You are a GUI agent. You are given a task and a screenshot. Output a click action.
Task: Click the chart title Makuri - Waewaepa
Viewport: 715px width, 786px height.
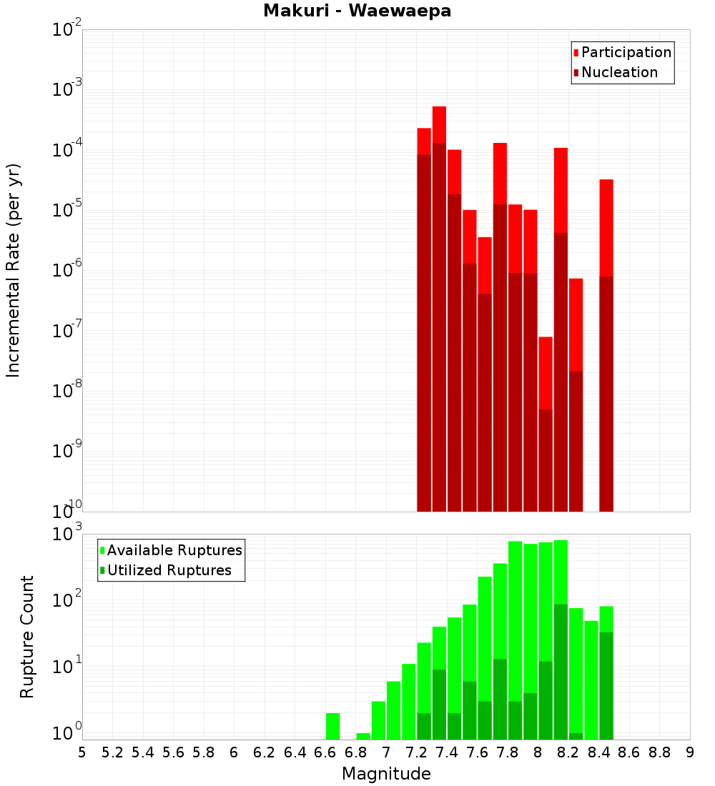point(357,11)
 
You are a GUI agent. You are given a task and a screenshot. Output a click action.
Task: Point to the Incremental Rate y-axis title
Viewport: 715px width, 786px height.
point(14,270)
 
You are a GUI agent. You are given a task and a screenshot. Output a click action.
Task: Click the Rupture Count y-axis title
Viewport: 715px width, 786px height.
point(27,637)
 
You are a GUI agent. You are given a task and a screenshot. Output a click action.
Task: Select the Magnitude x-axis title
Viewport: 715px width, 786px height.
point(386,774)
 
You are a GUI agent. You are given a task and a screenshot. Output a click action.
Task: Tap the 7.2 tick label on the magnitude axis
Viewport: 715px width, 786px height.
point(416,752)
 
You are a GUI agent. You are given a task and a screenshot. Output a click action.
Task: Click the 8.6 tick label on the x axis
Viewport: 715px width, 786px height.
point(629,752)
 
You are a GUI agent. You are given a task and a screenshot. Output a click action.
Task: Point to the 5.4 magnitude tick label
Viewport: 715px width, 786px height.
point(143,752)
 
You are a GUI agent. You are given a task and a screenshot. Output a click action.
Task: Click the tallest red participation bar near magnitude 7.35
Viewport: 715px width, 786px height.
point(439,124)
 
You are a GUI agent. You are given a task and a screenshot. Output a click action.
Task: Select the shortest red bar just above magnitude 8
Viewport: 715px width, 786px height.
point(546,372)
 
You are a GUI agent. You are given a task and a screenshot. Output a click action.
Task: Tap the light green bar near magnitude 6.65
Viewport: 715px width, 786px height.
point(332,726)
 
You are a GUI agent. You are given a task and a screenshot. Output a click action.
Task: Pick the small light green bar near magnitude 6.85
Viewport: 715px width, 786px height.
point(363,736)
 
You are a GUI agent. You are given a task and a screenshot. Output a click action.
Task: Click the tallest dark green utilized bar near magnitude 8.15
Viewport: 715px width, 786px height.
point(561,672)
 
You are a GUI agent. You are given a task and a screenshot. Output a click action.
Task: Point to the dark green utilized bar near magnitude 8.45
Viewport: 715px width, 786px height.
point(606,686)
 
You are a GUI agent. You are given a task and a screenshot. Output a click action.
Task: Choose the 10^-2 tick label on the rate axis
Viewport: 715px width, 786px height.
point(67,30)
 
